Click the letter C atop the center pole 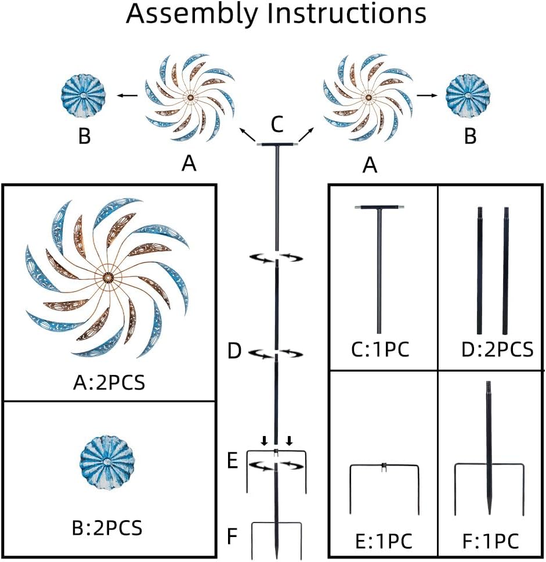[277, 124]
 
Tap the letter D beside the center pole [234, 352]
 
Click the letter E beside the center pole [232, 462]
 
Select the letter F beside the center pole [232, 536]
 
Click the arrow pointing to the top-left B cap [129, 95]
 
